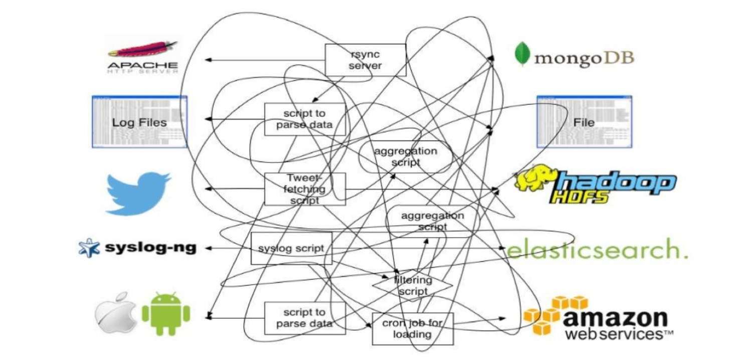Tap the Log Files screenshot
[139, 122]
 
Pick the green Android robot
[166, 314]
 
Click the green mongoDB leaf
[522, 54]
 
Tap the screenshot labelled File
[584, 122]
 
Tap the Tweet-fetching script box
[305, 189]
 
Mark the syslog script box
[291, 248]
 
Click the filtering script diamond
[412, 286]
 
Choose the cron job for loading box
[413, 329]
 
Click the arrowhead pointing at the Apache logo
[207, 60]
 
